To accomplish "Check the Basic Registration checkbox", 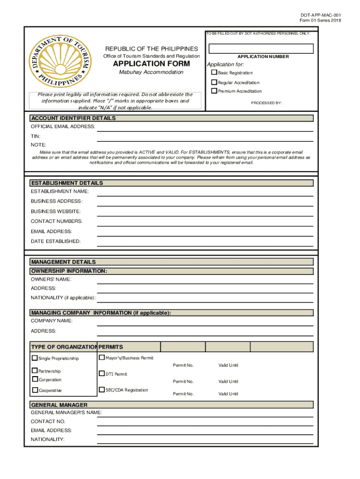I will [214, 73].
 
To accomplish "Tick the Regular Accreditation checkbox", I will [214, 82].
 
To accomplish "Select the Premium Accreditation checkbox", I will [214, 91].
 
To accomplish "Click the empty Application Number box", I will [261, 49].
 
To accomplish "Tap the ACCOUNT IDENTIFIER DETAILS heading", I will [73, 118].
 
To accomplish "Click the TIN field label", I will [36, 136].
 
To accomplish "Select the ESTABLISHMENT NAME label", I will [59, 191].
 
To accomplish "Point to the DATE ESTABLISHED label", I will [56, 241].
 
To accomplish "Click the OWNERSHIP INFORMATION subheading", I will [69, 271].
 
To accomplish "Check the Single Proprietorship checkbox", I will [35, 358].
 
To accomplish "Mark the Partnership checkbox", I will [35, 371].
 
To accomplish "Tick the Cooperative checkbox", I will [35, 390].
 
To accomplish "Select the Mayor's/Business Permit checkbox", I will [101, 358].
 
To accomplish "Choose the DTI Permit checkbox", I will [101, 374].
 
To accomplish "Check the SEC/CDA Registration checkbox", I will [101, 390].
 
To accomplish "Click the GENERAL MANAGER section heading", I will [59, 405].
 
